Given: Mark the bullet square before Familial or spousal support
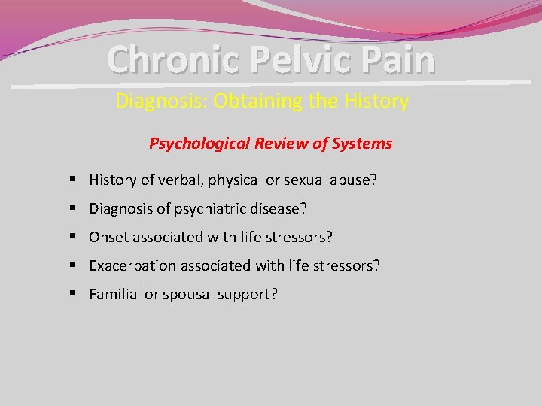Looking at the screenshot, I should point(69,294).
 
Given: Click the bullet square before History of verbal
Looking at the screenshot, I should point(69,180).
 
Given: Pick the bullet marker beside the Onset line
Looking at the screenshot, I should point(69,237).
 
